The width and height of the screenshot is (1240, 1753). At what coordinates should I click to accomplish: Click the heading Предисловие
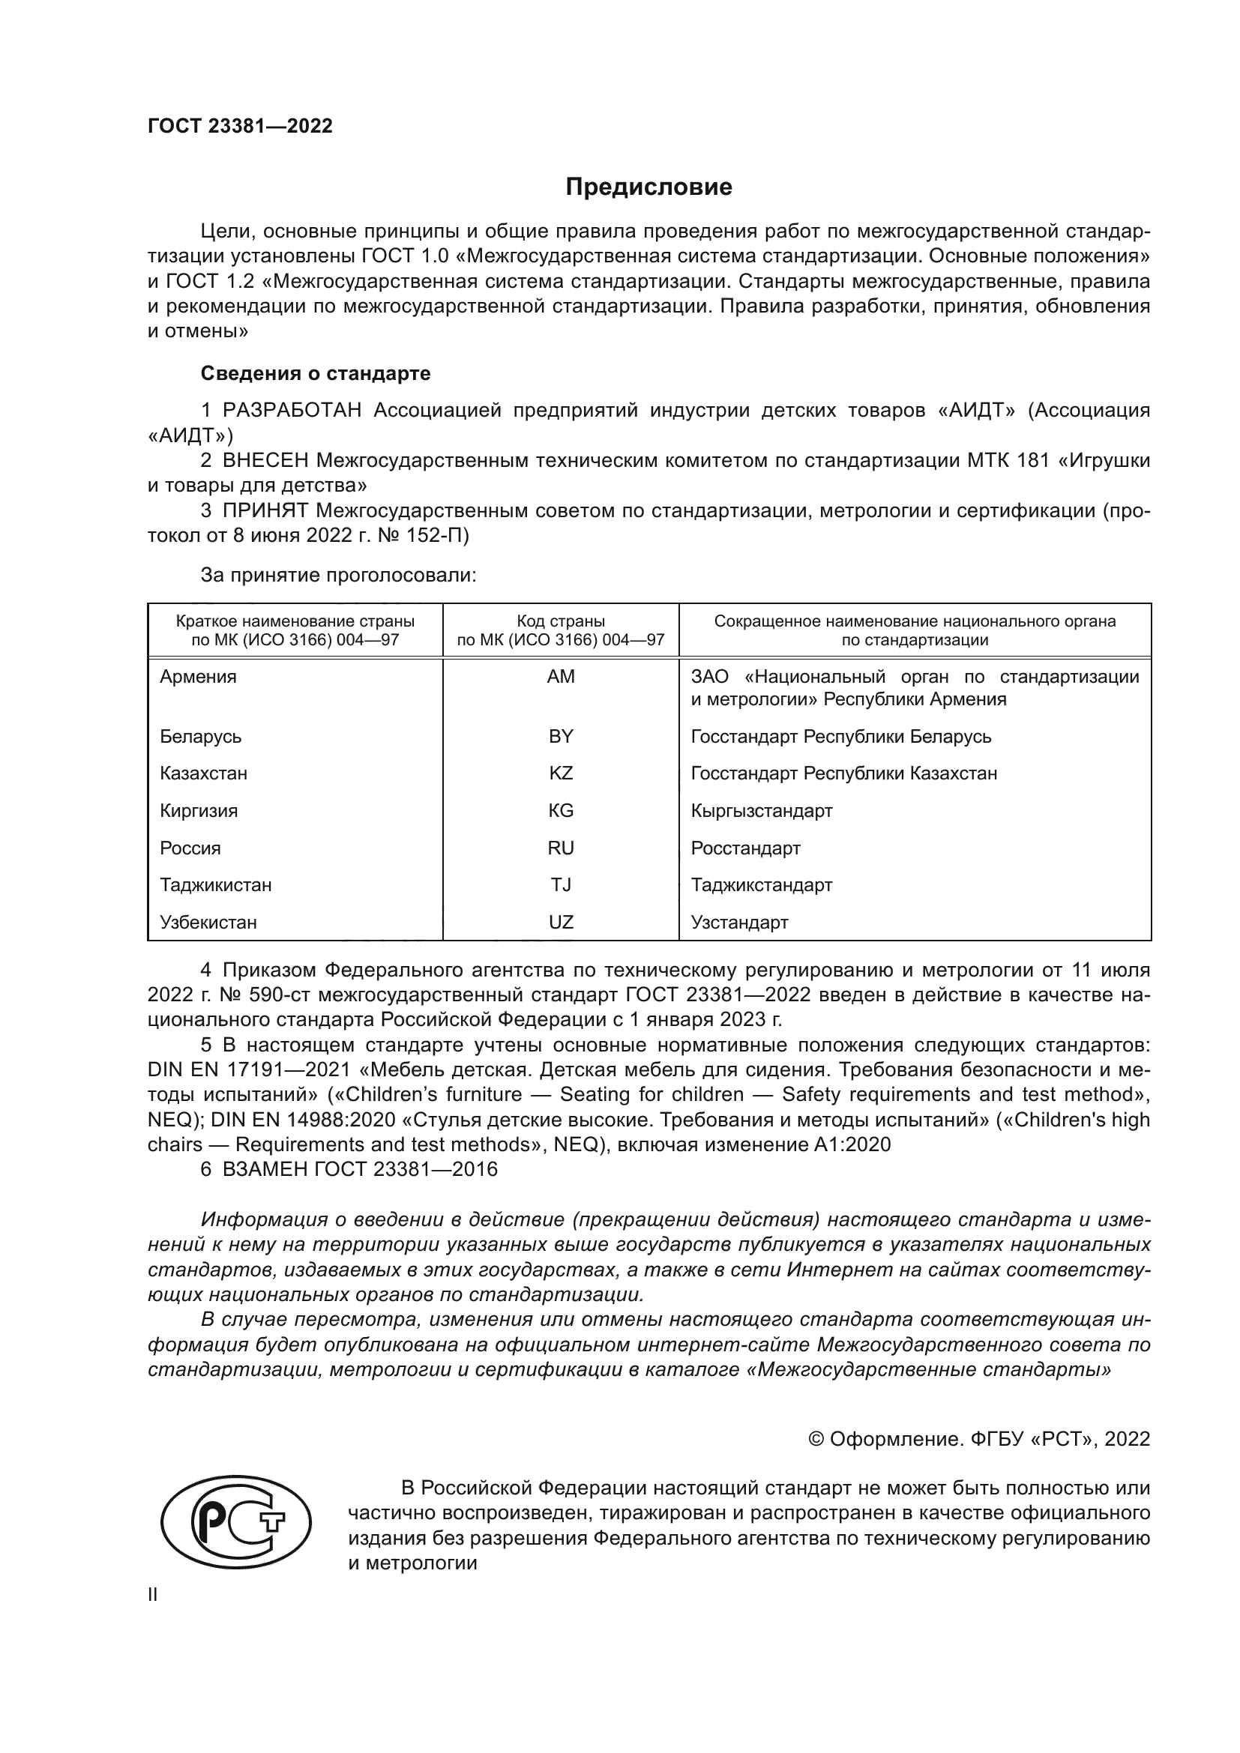point(648,187)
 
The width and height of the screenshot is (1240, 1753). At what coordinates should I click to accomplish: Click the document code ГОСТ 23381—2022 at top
point(240,126)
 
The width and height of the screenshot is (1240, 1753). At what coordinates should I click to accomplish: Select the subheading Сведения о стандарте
point(316,373)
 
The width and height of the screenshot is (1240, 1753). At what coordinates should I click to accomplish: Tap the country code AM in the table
point(561,677)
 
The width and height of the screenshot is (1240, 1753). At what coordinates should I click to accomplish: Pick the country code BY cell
point(561,736)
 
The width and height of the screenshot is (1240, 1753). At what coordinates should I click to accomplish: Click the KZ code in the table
point(561,773)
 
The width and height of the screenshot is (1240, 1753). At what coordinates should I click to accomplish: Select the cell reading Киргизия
point(199,811)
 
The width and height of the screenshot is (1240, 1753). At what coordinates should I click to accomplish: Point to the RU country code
point(561,848)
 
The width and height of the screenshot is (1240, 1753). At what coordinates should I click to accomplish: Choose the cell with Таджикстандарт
point(761,885)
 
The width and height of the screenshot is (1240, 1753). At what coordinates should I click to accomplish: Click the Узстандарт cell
point(739,923)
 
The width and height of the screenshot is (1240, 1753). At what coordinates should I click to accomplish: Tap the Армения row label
point(198,677)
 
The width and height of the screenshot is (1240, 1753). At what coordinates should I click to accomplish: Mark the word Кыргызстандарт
point(761,811)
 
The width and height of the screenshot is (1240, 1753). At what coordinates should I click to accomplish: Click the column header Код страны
point(561,621)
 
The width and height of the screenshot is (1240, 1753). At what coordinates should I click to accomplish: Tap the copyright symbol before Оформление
point(816,1439)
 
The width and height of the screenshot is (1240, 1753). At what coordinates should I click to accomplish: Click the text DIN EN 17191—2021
point(249,1069)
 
